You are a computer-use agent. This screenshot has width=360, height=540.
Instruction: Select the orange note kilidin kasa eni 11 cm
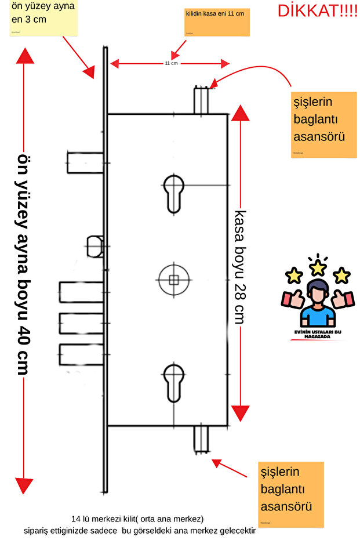click(x=217, y=21)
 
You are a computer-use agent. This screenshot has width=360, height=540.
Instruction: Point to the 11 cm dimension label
click(x=171, y=63)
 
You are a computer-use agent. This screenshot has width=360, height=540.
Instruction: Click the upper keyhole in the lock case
click(x=173, y=193)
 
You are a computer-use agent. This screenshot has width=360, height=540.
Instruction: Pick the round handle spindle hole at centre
click(x=173, y=280)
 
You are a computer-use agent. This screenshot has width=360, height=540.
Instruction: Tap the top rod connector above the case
click(x=201, y=100)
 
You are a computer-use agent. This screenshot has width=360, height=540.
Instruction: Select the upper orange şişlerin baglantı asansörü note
click(x=323, y=124)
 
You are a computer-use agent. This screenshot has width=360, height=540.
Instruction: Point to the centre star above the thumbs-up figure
click(x=318, y=267)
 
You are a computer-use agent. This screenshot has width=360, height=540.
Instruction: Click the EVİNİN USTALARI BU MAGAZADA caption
click(x=318, y=334)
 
